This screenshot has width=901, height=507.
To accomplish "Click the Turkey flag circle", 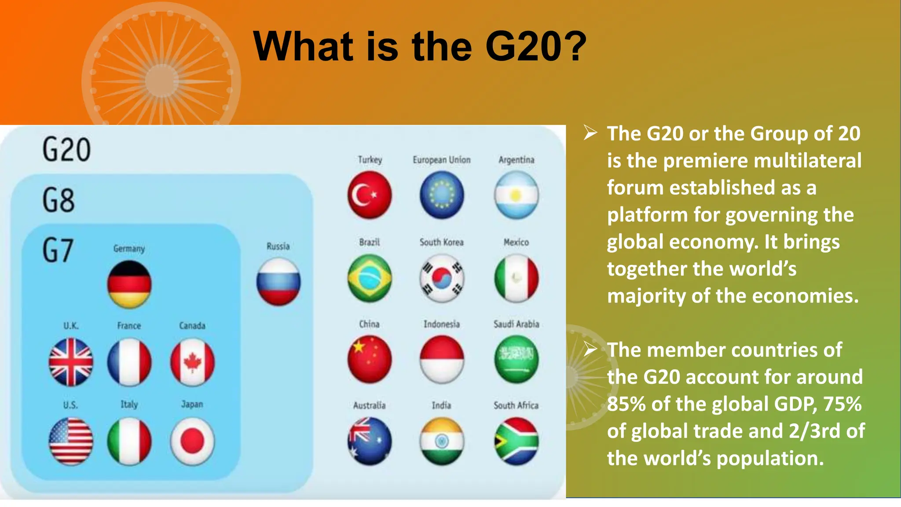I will (x=370, y=195).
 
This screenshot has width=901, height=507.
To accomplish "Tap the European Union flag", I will (x=442, y=195).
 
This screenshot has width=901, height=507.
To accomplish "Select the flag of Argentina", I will (x=516, y=195).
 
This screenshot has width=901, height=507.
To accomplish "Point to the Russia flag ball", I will (x=278, y=282).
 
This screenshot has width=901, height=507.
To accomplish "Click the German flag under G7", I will (x=129, y=284).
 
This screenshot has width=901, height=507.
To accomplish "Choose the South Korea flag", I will (x=442, y=278).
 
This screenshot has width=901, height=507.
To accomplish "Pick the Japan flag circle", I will (x=192, y=441).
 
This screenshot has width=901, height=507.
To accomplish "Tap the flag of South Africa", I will (x=516, y=441).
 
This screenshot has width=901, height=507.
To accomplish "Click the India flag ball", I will (x=442, y=441).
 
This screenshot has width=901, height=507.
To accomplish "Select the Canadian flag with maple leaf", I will (x=192, y=362).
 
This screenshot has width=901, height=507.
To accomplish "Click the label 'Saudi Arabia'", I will (x=516, y=324).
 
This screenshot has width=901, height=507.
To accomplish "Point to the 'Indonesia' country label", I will (x=441, y=324).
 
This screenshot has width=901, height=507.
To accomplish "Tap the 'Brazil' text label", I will (x=370, y=242).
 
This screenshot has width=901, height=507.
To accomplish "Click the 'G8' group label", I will (x=59, y=200).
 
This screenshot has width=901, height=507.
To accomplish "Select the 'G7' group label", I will (x=58, y=250).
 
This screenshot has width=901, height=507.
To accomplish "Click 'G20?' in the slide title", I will (x=536, y=47).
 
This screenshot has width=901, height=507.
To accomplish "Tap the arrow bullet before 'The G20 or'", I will (x=590, y=132).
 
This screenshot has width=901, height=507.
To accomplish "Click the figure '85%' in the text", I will (x=625, y=404).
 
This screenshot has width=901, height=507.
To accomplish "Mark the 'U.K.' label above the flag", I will (x=71, y=326).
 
